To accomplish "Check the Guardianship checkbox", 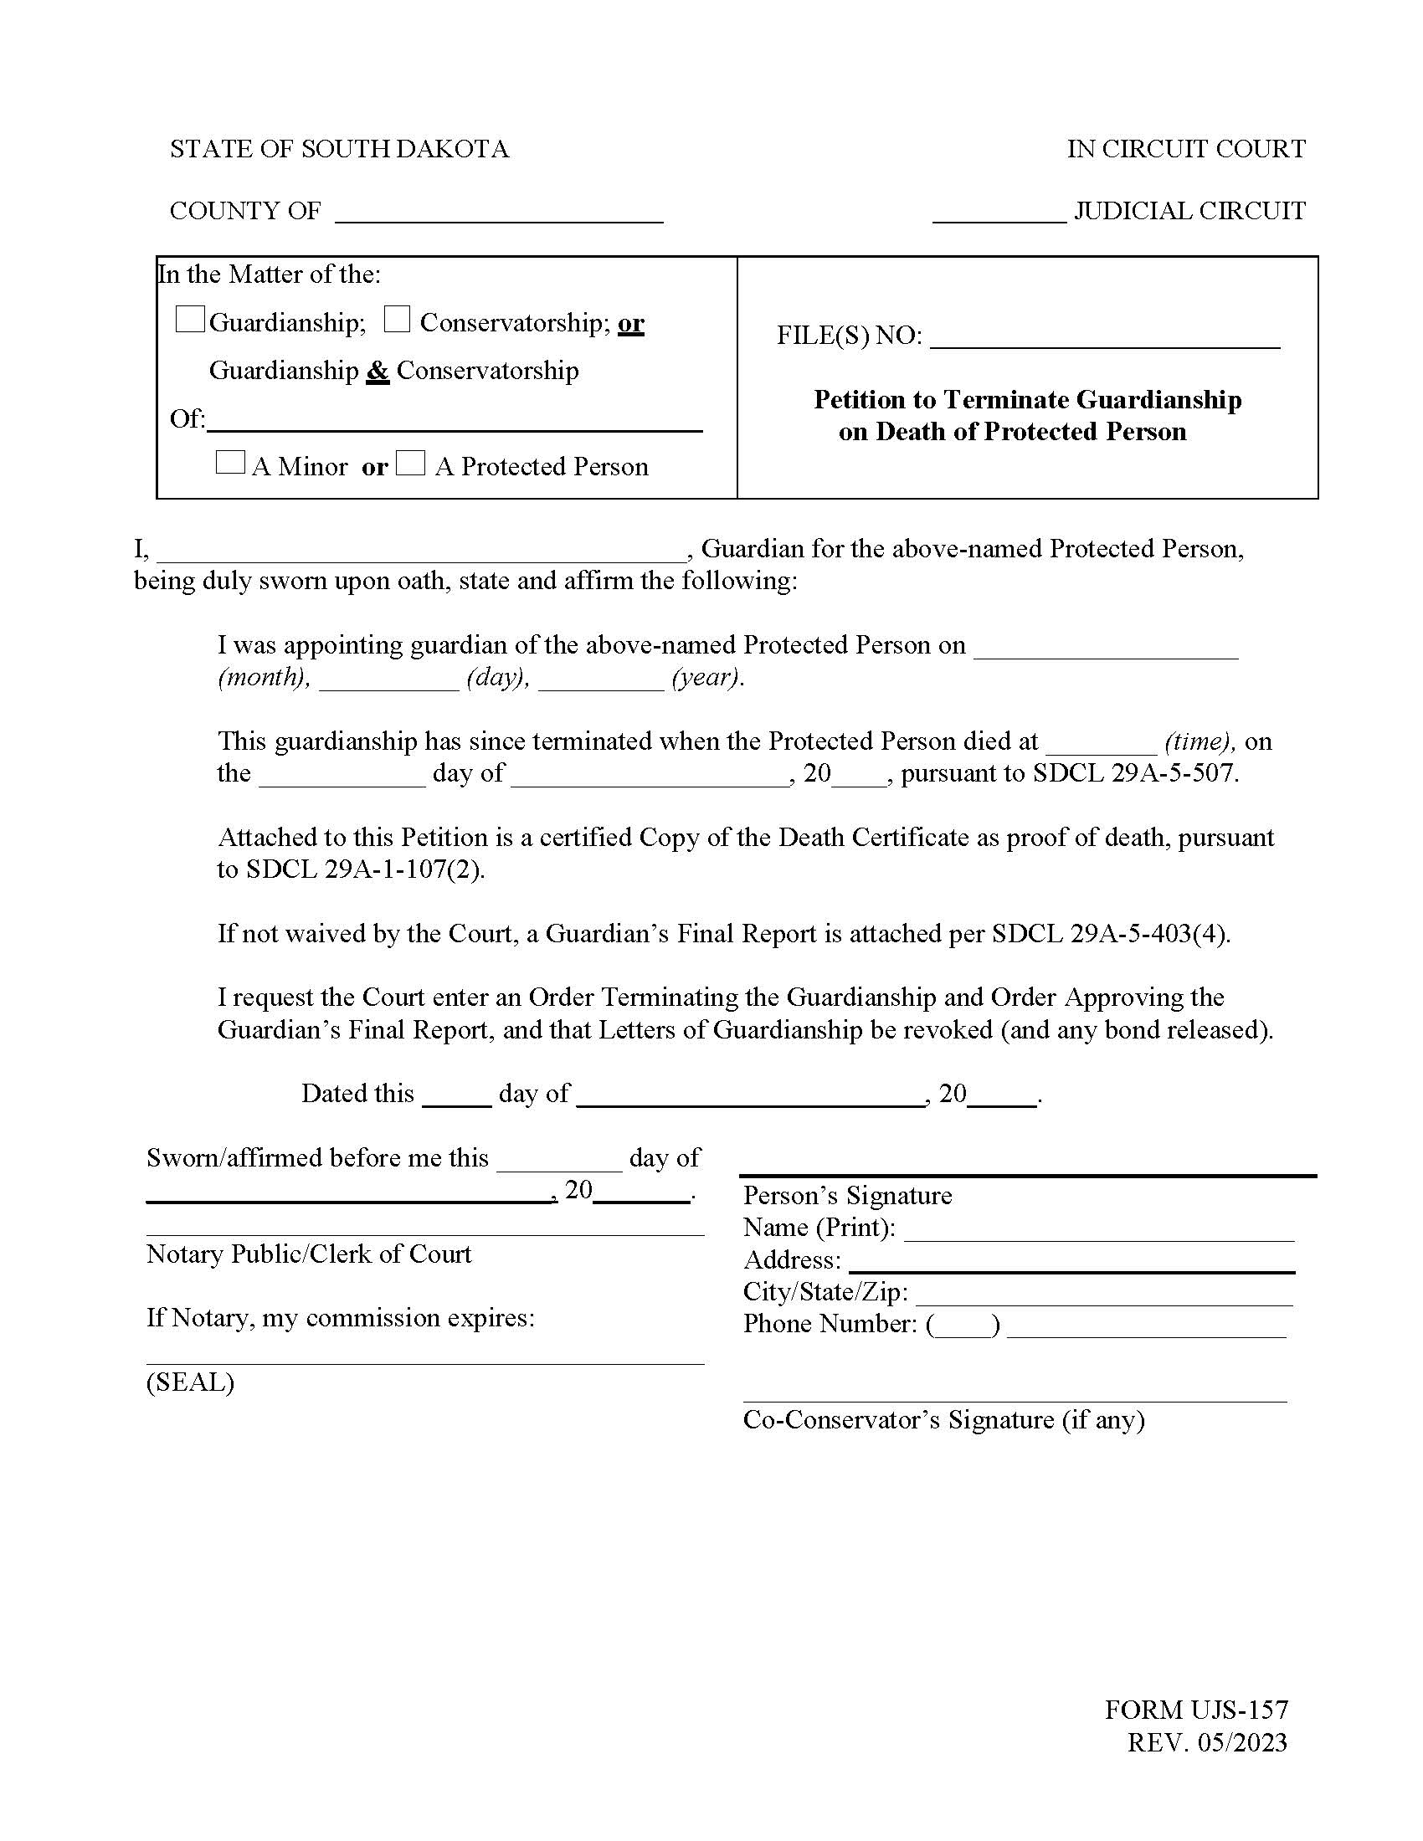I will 189,320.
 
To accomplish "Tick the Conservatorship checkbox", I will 397,320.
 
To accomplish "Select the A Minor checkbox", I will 230,463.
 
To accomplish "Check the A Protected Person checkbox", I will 410,463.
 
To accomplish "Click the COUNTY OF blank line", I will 498,215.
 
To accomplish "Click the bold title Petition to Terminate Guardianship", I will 1027,399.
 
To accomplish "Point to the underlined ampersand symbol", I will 378,371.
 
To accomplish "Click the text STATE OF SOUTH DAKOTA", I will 339,149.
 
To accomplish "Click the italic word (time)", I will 1200,741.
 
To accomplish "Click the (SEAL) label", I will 190,1382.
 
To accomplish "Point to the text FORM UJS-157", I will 1195,1710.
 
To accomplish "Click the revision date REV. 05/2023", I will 1206,1742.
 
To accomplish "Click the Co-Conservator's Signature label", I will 943,1420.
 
